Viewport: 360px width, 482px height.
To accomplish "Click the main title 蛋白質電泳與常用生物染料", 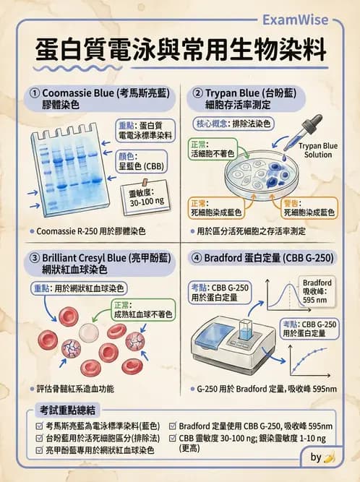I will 180,51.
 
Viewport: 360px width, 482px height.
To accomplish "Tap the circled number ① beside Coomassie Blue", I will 34,93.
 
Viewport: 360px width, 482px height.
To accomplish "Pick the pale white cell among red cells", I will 88,332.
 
